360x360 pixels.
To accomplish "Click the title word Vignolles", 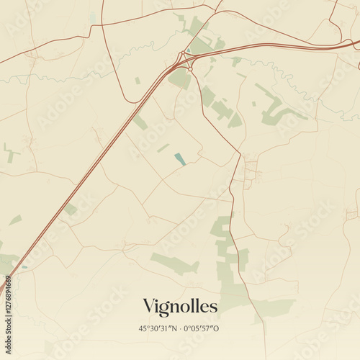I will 180,306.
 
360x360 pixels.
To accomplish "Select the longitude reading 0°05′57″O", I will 202,328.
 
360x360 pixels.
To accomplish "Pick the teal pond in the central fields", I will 179,158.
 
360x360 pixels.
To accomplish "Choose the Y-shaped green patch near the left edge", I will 10,153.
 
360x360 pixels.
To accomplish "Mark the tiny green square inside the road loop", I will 138,81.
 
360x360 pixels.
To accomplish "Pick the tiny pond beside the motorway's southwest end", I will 24,267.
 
